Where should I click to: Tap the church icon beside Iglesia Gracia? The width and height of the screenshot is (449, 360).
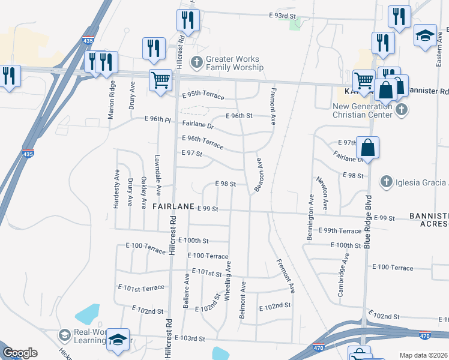click(387, 182)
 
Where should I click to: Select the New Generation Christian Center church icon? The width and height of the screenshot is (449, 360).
click(401, 110)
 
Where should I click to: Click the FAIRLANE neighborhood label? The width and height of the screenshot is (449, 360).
click(173, 206)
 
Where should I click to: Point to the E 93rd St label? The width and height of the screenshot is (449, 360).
click(283, 15)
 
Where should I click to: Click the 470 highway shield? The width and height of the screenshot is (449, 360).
click(319, 347)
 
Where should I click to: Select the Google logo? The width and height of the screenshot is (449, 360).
click(20, 353)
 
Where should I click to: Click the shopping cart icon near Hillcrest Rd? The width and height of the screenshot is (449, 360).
click(160, 80)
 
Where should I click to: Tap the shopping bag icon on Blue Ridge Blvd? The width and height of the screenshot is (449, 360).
click(367, 147)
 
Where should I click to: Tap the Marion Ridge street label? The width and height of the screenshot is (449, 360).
click(111, 101)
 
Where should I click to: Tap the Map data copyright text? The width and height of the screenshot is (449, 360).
click(423, 355)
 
